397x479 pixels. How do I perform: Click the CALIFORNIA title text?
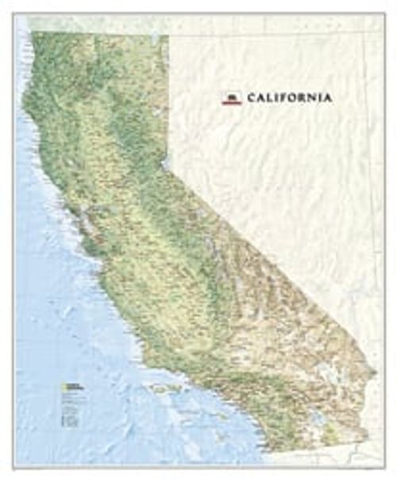tap(289, 98)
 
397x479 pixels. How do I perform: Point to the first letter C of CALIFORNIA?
tap(252, 98)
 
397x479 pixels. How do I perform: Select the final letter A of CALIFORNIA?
tap(328, 98)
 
